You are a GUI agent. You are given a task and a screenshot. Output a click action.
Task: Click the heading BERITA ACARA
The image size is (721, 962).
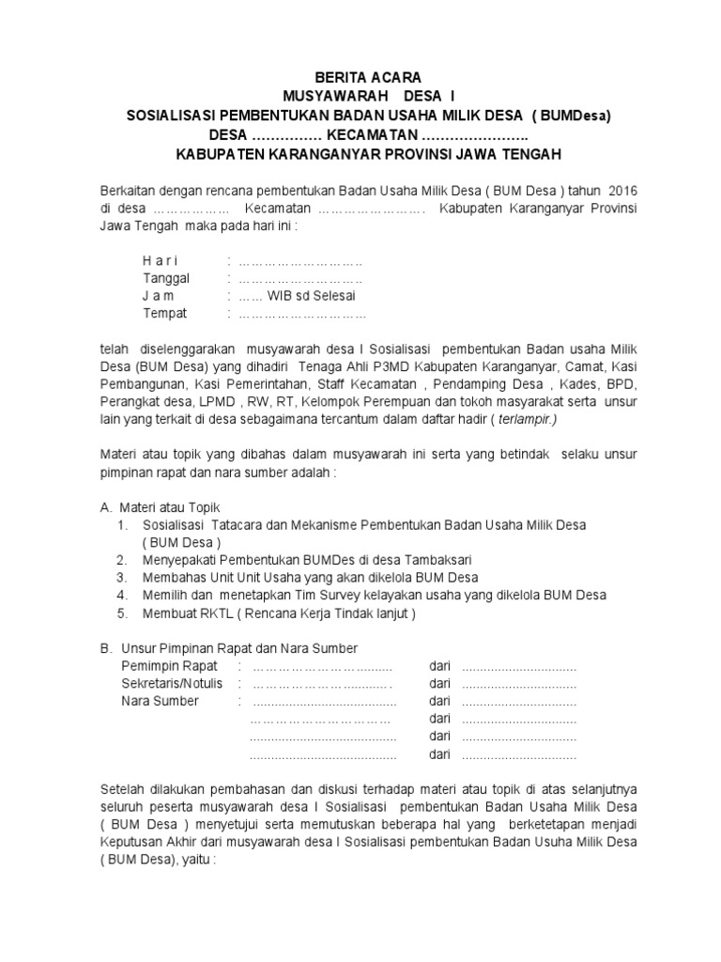(368, 77)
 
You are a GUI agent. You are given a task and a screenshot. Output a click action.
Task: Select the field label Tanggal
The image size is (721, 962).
(166, 278)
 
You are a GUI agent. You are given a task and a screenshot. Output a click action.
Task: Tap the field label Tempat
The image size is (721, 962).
(164, 313)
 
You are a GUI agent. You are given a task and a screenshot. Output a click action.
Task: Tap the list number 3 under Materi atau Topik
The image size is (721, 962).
(122, 577)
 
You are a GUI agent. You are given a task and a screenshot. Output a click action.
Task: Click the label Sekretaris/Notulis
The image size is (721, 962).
(173, 683)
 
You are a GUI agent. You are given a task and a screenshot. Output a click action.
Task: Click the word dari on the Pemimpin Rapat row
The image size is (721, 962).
(440, 666)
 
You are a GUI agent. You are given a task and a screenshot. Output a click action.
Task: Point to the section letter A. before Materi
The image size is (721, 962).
(106, 506)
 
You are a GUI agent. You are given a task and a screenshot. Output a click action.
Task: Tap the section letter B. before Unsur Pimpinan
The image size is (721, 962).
(106, 648)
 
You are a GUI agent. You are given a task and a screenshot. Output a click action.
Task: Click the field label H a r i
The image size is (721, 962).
(160, 260)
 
